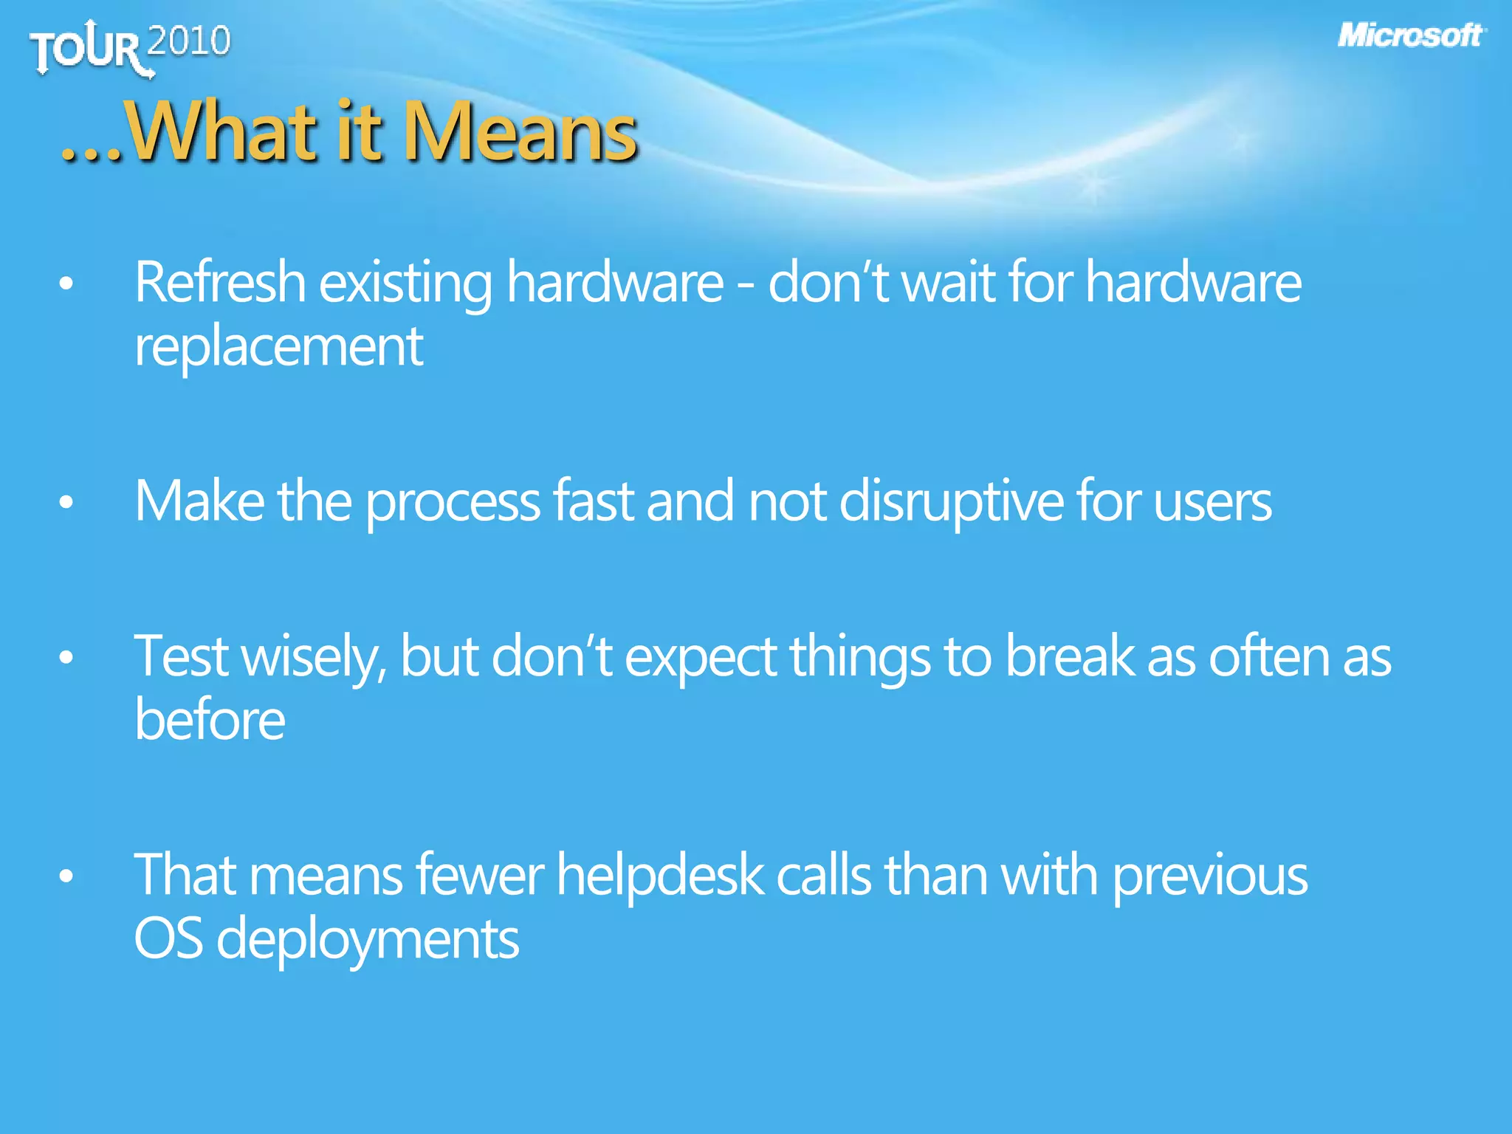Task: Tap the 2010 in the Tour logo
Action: [189, 41]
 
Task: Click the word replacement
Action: [278, 346]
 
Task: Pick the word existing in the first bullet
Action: [405, 283]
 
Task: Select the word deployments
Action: [367, 940]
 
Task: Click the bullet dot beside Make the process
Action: [66, 503]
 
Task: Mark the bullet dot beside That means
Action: [66, 876]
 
